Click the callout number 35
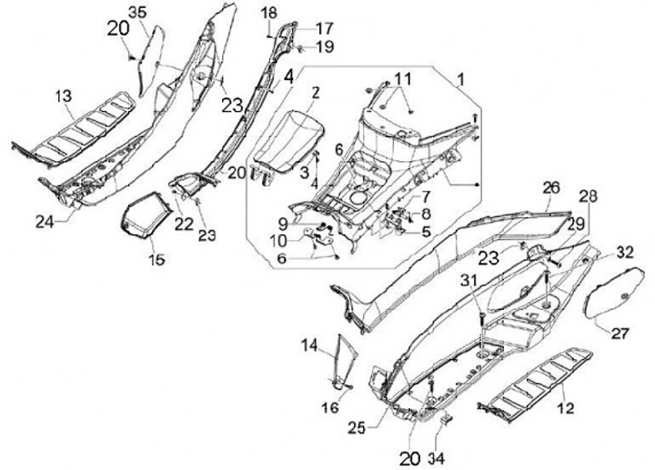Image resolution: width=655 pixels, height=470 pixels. click(136, 11)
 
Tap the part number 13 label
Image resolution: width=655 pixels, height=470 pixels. click(63, 95)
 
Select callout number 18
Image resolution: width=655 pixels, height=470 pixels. click(268, 11)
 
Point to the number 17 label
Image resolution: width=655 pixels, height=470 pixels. click(299, 27)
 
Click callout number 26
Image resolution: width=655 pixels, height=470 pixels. click(551, 187)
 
